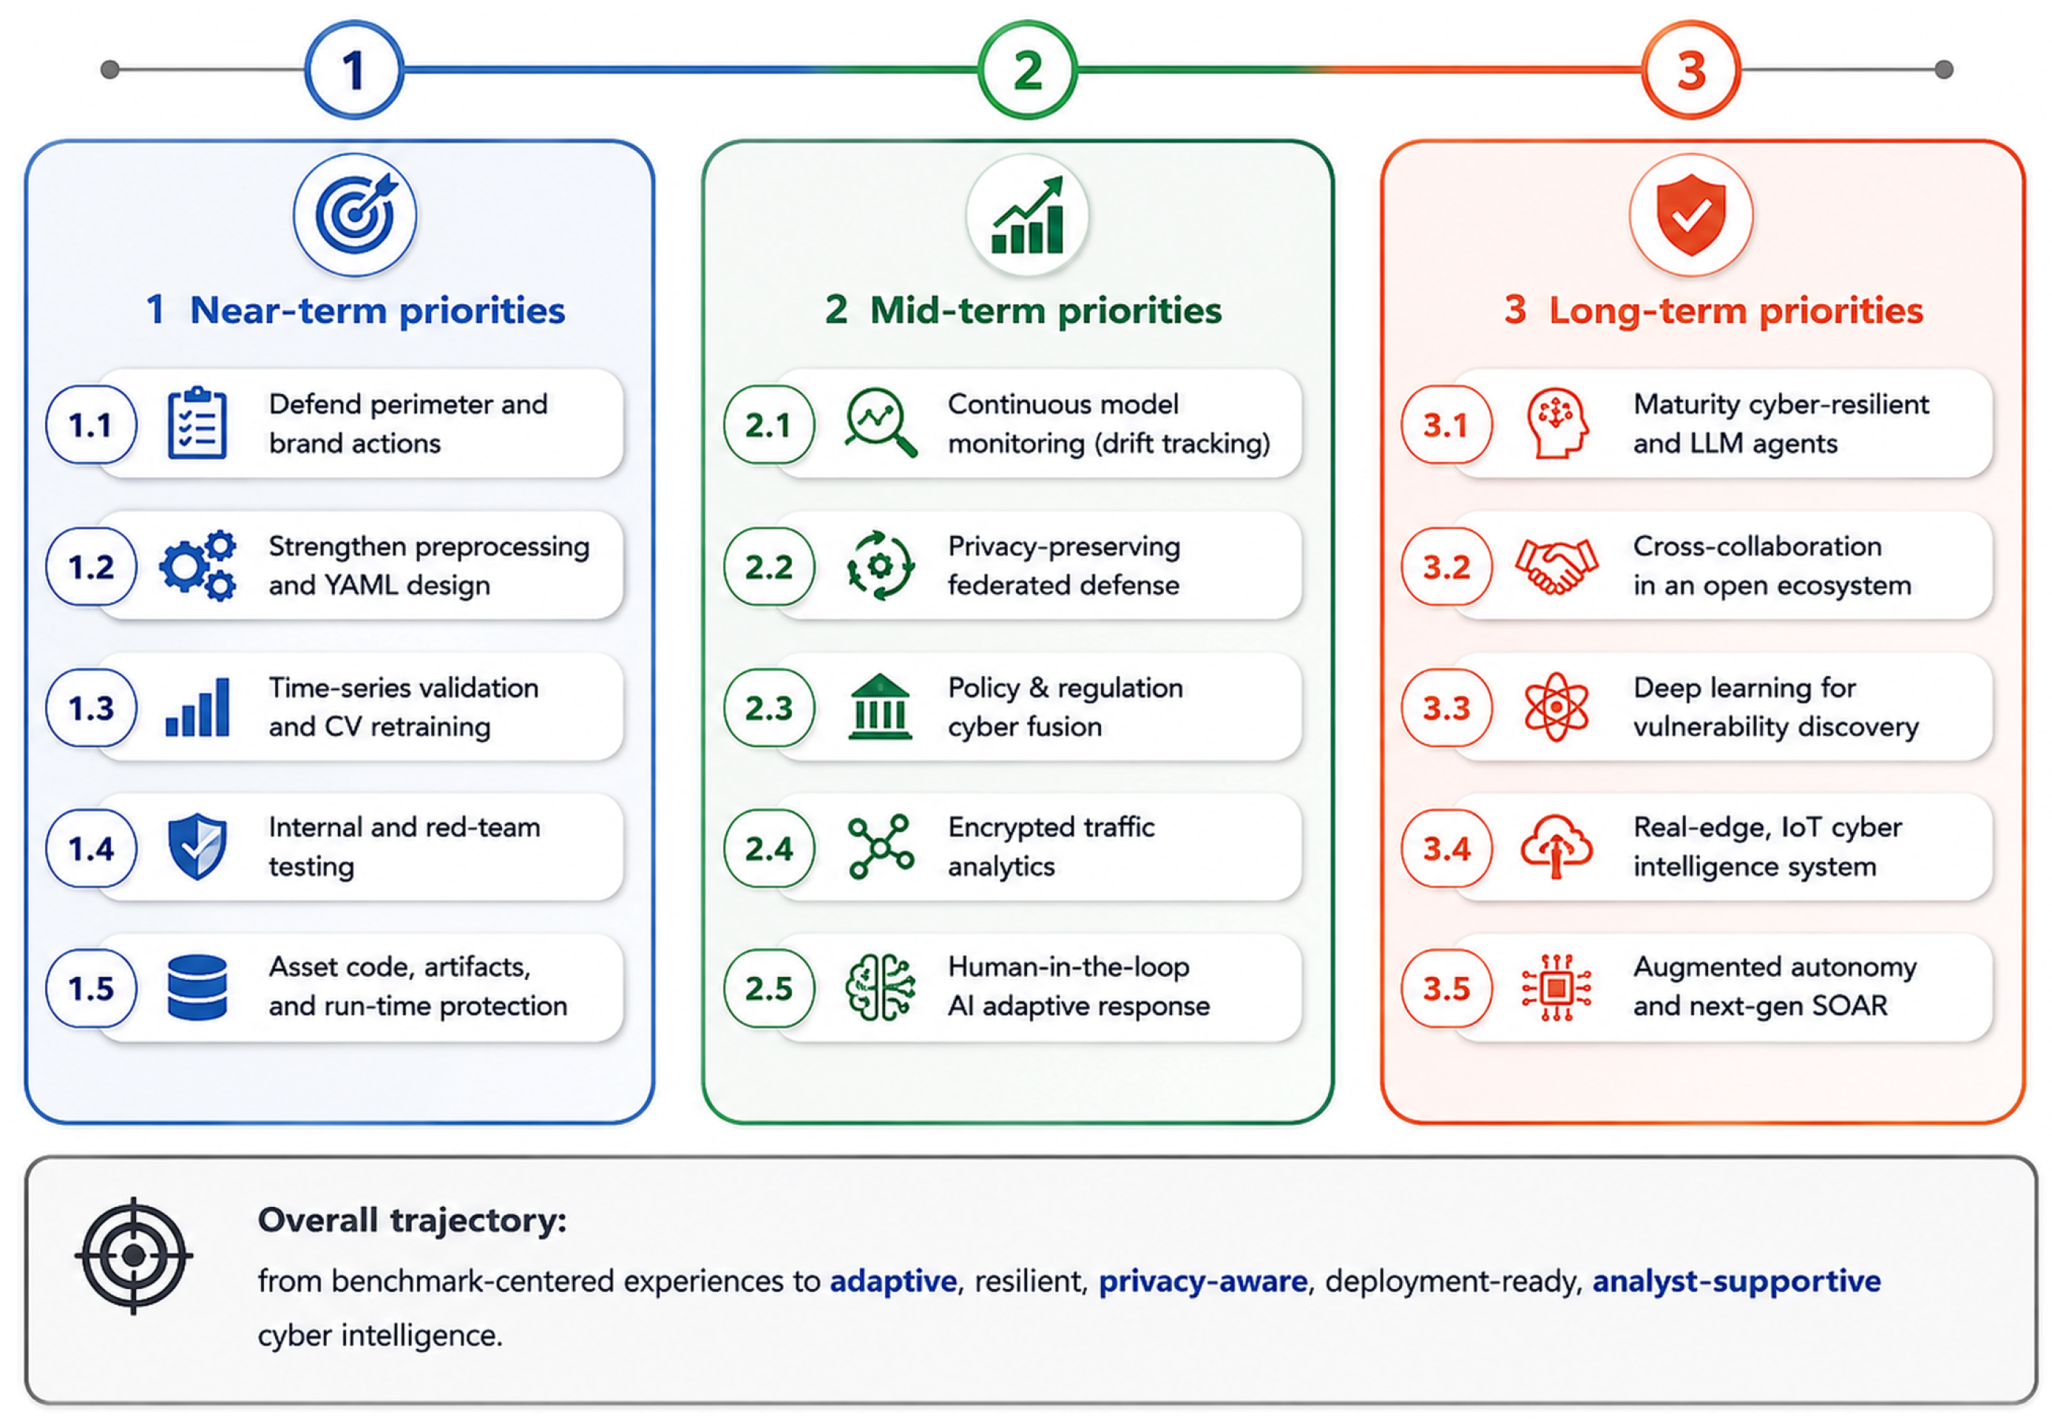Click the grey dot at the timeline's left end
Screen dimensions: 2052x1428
110,70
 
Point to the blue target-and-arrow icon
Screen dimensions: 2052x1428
356,214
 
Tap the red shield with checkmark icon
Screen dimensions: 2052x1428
1691,214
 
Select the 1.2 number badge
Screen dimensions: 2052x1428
91,566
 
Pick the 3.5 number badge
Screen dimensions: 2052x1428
1446,988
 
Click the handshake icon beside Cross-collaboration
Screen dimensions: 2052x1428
1556,566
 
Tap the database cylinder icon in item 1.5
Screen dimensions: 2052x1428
197,987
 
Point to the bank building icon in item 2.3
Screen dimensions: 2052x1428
880,707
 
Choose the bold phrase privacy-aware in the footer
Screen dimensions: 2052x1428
1203,1282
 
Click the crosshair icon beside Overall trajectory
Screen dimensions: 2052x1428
134,1256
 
